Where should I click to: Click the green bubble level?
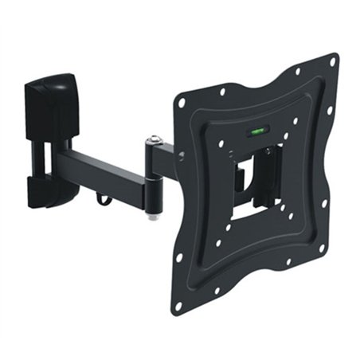pyautogui.click(x=259, y=130)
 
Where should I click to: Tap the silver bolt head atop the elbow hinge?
pyautogui.click(x=154, y=141)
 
